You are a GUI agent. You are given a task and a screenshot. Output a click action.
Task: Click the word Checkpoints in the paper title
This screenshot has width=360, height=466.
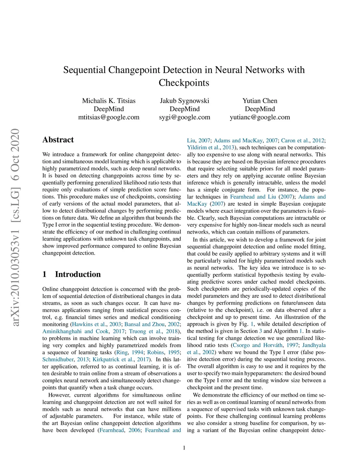pyautogui.click(x=184, y=83)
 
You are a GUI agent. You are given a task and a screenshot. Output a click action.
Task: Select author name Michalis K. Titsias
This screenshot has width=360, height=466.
pyautogui.click(x=109, y=101)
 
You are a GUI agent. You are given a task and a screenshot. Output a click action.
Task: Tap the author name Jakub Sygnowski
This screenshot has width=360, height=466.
pyautogui.click(x=185, y=101)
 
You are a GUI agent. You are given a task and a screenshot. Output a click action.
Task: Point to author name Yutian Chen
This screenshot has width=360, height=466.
pyautogui.click(x=260, y=101)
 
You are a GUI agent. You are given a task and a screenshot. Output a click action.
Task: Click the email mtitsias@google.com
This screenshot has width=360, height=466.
pyautogui.click(x=109, y=117)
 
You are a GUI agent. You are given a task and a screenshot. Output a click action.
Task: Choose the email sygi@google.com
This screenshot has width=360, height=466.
pyautogui.click(x=185, y=117)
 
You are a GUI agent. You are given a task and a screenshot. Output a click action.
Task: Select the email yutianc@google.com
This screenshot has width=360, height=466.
pyautogui.click(x=260, y=117)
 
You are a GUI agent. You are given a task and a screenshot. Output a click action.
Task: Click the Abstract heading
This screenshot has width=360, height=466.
pyautogui.click(x=58, y=140)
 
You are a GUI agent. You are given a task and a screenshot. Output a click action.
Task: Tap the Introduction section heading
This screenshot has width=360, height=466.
pyautogui.click(x=78, y=274)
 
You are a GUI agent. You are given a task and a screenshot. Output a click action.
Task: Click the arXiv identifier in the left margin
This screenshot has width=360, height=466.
pyautogui.click(x=15, y=227)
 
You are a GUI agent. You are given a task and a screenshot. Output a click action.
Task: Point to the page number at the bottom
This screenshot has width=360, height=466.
pyautogui.click(x=184, y=448)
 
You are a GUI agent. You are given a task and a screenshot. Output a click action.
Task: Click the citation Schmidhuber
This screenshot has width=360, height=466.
pyautogui.click(x=58, y=359)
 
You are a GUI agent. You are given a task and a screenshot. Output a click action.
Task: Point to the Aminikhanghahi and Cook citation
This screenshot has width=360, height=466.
pyautogui.click(x=76, y=331)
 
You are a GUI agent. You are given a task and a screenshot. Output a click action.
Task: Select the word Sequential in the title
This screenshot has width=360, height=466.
pyautogui.click(x=84, y=70)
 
